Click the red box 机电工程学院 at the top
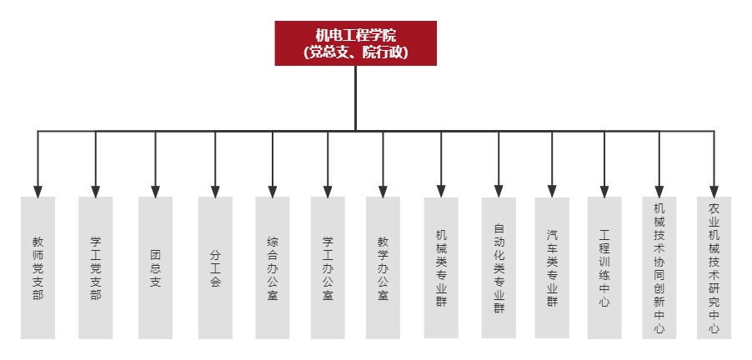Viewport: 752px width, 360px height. tap(355, 43)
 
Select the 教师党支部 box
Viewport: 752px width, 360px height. tap(38, 267)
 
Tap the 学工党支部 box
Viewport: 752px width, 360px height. tap(95, 267)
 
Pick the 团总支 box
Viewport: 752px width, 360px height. tap(155, 267)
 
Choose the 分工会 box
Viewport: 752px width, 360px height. tap(215, 267)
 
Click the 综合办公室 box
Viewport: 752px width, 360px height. tap(273, 267)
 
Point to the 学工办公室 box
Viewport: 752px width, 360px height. tap(328, 267)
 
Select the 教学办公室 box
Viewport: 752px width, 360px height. tap(383, 267)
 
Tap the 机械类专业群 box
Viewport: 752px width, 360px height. tap(441, 267)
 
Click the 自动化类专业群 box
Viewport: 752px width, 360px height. tap(499, 267)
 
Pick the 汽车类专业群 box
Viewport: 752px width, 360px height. tap(552, 267)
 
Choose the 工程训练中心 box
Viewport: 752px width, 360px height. tap(604, 267)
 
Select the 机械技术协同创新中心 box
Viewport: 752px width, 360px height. tap(659, 267)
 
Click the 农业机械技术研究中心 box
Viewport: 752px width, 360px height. tap(714, 267)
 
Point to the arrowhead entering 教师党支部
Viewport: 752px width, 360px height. tap(38, 192)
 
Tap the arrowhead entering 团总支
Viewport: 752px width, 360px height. tap(155, 192)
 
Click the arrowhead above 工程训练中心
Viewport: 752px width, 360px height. tap(604, 192)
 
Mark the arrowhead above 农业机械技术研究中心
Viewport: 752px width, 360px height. tap(714, 192)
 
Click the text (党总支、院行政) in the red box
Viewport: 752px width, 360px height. tap(356, 52)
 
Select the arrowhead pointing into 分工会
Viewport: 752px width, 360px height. tap(215, 192)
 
